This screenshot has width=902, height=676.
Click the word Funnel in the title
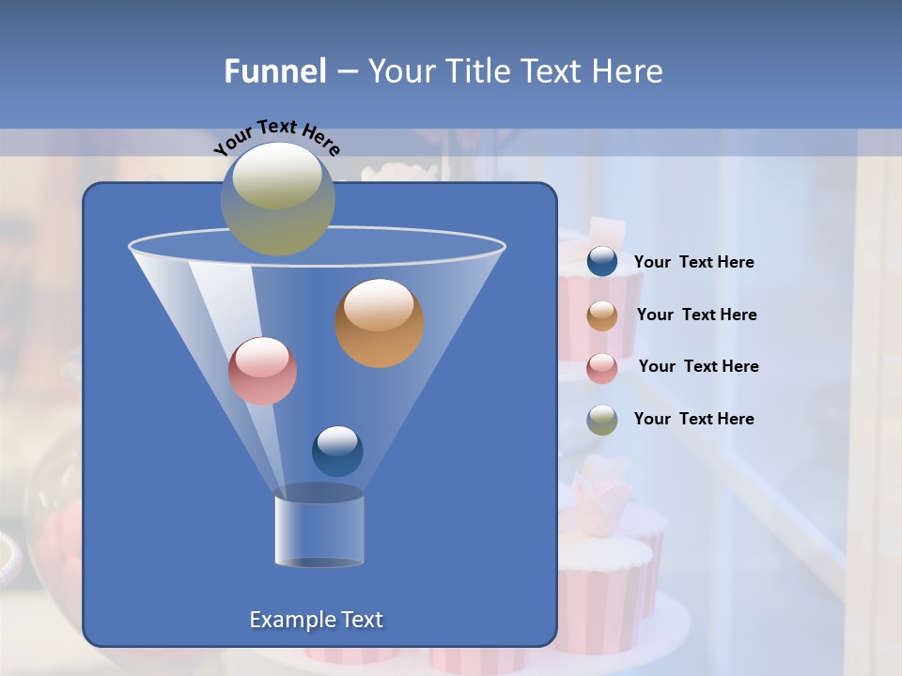274,71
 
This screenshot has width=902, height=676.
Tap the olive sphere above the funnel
277,199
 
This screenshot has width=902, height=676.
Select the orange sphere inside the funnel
380,323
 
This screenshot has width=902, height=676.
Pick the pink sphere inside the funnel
262,371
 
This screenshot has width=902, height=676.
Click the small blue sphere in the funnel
337,451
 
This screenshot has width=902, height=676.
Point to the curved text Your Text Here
276,137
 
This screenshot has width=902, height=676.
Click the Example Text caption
316,620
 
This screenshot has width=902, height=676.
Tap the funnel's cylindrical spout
319,530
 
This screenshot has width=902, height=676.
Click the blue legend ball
602,262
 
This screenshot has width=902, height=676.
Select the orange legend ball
602,315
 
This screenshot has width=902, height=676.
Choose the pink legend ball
602,367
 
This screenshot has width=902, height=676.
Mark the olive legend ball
602,420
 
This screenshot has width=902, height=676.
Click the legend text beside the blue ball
693,263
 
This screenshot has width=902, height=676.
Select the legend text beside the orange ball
696,315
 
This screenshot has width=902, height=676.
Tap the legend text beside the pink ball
698,367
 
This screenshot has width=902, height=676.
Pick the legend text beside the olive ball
693,420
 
